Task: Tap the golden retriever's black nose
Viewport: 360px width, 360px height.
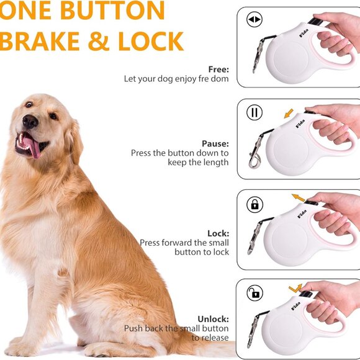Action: click(x=30, y=122)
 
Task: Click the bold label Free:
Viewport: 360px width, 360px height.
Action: click(x=218, y=70)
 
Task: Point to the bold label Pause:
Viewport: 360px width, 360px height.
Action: click(x=215, y=143)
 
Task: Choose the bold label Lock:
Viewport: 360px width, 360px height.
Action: click(x=218, y=233)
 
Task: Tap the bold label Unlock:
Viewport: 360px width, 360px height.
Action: click(x=213, y=318)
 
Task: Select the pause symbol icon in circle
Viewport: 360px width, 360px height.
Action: click(x=254, y=112)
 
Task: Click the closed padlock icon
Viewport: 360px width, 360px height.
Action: click(x=254, y=204)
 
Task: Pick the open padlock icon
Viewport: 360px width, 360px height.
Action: click(x=254, y=292)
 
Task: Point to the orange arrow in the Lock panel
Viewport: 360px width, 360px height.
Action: click(x=299, y=198)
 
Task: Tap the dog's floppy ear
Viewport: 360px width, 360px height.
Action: click(x=73, y=140)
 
